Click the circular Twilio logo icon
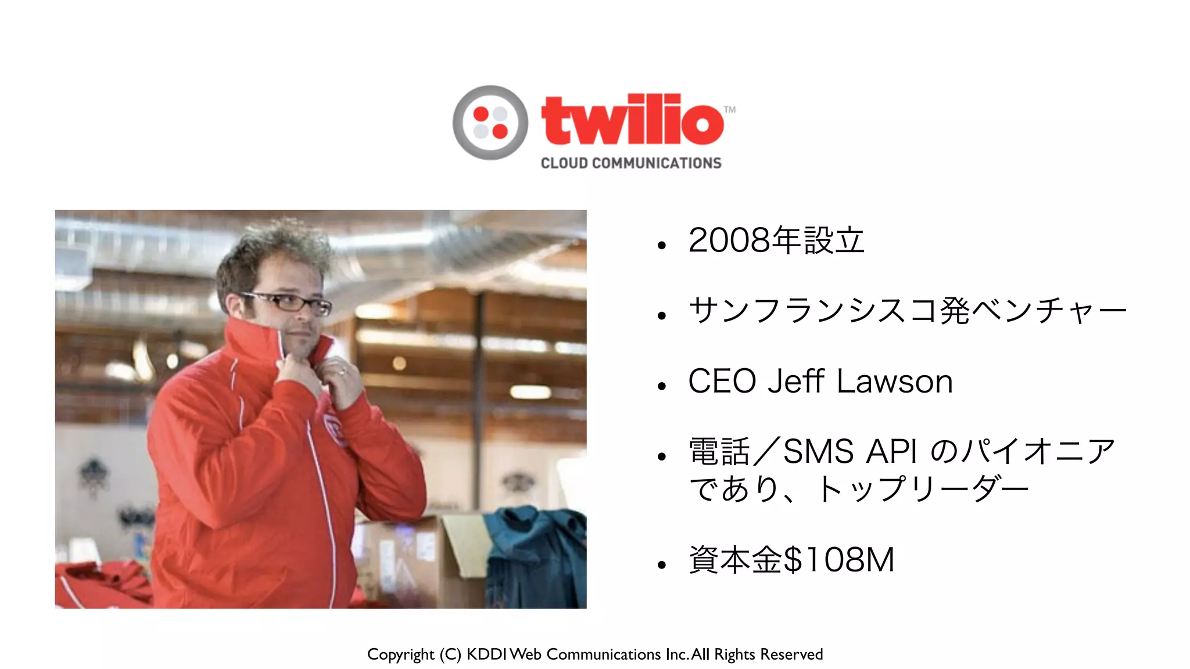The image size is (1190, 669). point(490,123)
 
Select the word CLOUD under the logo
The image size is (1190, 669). point(564,163)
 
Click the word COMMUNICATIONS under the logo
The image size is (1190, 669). point(657,163)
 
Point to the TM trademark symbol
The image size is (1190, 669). point(730,109)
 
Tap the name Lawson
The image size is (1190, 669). point(895,382)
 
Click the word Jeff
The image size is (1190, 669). point(796,382)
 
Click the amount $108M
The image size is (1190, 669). point(838,560)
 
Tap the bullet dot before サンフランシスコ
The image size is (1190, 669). point(661,316)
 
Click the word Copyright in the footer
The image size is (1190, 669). point(400,654)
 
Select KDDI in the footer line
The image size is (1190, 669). point(487,654)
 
